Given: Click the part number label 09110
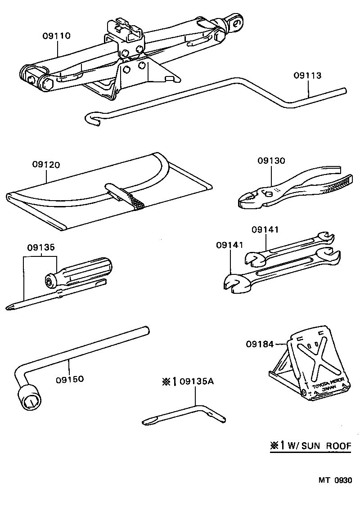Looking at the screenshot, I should coord(57,36).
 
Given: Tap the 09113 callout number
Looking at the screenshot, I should coord(308,76).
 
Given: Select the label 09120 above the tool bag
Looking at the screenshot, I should coord(46,165).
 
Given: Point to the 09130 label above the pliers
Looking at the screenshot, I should coord(271,161).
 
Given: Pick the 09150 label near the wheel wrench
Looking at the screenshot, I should coord(70,379).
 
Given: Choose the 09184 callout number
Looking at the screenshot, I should coord(260,345).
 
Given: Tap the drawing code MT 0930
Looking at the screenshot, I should coord(335,480).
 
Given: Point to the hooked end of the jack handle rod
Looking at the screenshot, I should coord(91,119).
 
